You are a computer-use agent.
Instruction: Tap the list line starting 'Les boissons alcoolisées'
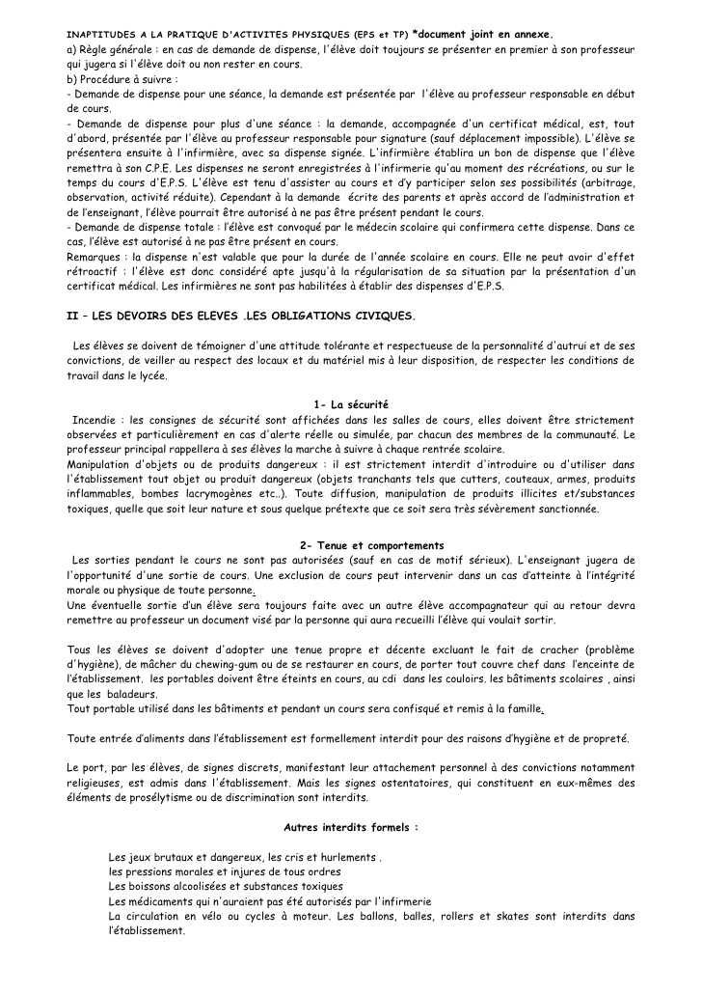[x=226, y=885]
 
